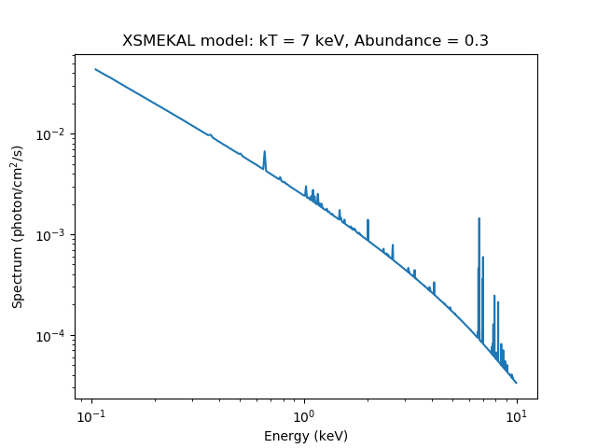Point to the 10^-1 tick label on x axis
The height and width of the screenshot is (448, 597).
click(91, 413)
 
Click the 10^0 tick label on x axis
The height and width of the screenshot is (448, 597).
click(304, 413)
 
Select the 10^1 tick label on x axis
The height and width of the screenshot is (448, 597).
click(516, 413)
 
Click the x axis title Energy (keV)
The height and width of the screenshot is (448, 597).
click(306, 436)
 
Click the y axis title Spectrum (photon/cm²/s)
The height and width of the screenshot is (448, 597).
click(18, 227)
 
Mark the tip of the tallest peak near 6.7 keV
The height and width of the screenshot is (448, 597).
click(479, 218)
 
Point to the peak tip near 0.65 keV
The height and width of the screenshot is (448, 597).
click(265, 151)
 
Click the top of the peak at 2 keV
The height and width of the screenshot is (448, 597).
click(368, 220)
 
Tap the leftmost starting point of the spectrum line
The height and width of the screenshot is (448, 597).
click(95, 69)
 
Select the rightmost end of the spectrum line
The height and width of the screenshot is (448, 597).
click(516, 383)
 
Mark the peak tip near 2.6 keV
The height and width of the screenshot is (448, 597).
click(393, 245)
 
